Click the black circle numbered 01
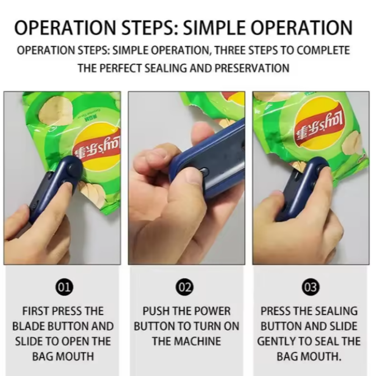click(64, 287)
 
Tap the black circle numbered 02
click(185, 287)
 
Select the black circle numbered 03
click(311, 287)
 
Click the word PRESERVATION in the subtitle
click(252, 68)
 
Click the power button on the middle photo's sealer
click(204, 171)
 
